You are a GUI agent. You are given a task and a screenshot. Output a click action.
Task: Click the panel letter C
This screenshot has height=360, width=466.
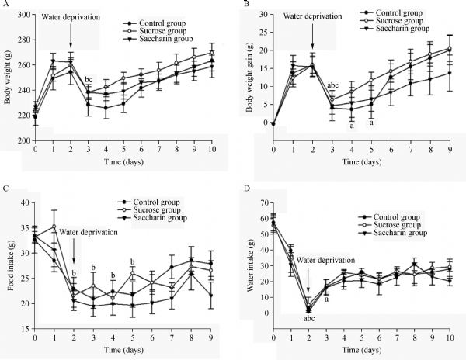point(5,189)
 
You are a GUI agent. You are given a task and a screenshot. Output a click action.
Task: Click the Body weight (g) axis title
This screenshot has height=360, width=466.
point(8,78)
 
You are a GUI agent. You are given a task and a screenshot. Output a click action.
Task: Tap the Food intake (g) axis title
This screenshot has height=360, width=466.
point(8,262)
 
